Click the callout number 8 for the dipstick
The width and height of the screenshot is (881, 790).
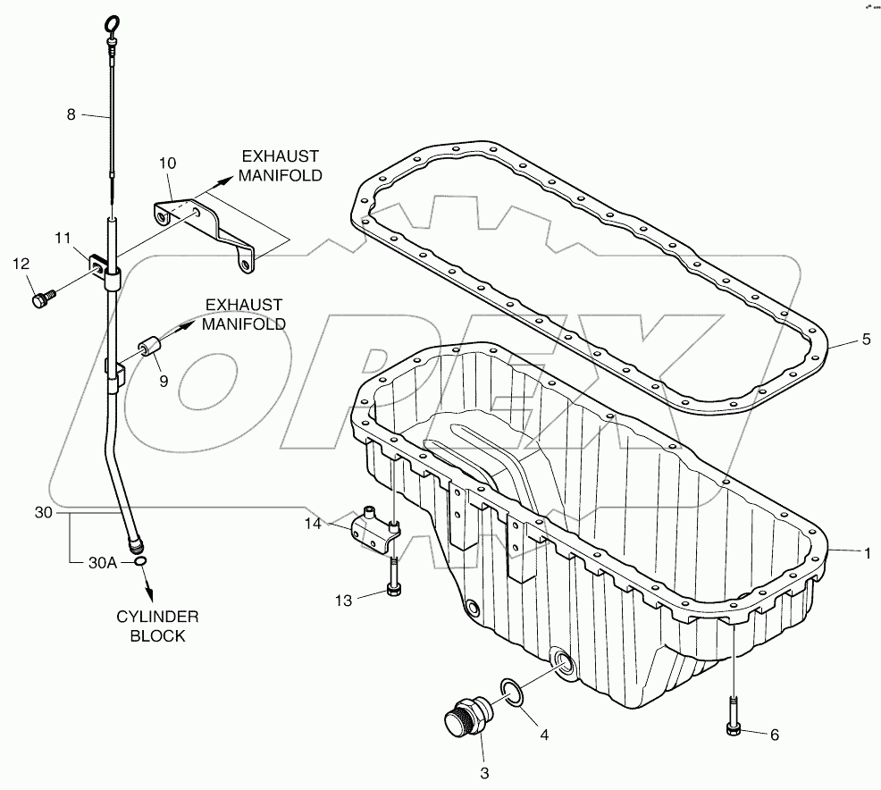pos(71,114)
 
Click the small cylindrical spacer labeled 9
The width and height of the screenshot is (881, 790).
pos(148,344)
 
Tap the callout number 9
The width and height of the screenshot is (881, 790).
pos(163,381)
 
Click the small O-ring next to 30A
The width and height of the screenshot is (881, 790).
pos(140,560)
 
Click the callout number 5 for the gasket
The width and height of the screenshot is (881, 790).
pos(865,340)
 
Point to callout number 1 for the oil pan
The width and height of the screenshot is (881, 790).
pos(865,553)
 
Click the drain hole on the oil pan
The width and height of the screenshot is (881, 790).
pos(564,662)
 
